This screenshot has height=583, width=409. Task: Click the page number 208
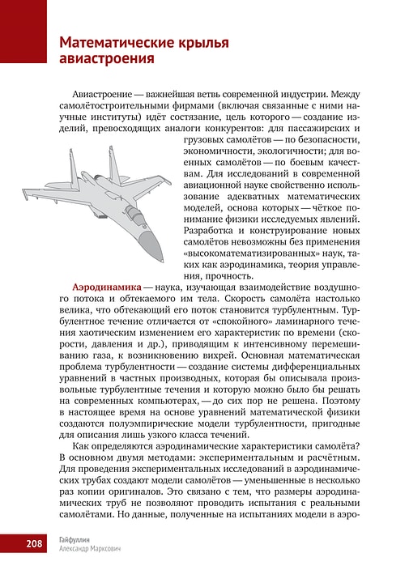pos(33,543)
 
